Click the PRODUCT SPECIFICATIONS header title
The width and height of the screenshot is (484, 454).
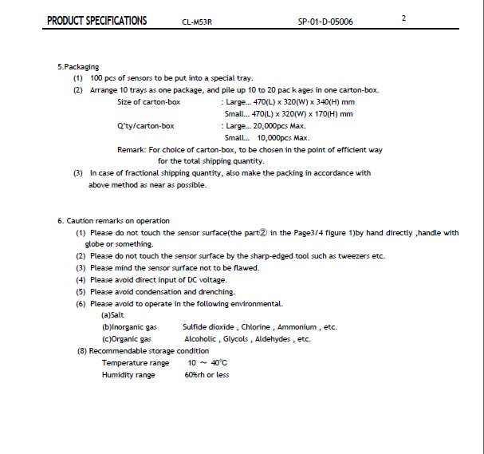[96, 21]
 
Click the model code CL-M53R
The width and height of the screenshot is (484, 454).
[198, 22]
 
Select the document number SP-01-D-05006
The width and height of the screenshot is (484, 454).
[325, 22]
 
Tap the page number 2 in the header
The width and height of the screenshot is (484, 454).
[403, 18]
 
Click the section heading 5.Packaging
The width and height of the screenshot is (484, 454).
[78, 68]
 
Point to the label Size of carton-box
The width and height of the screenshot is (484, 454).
[148, 103]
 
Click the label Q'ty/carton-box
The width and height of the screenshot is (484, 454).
[145, 126]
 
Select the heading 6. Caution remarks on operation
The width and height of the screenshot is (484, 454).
[113, 221]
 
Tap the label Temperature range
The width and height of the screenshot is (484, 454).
[136, 363]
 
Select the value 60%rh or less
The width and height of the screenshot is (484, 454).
[207, 375]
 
